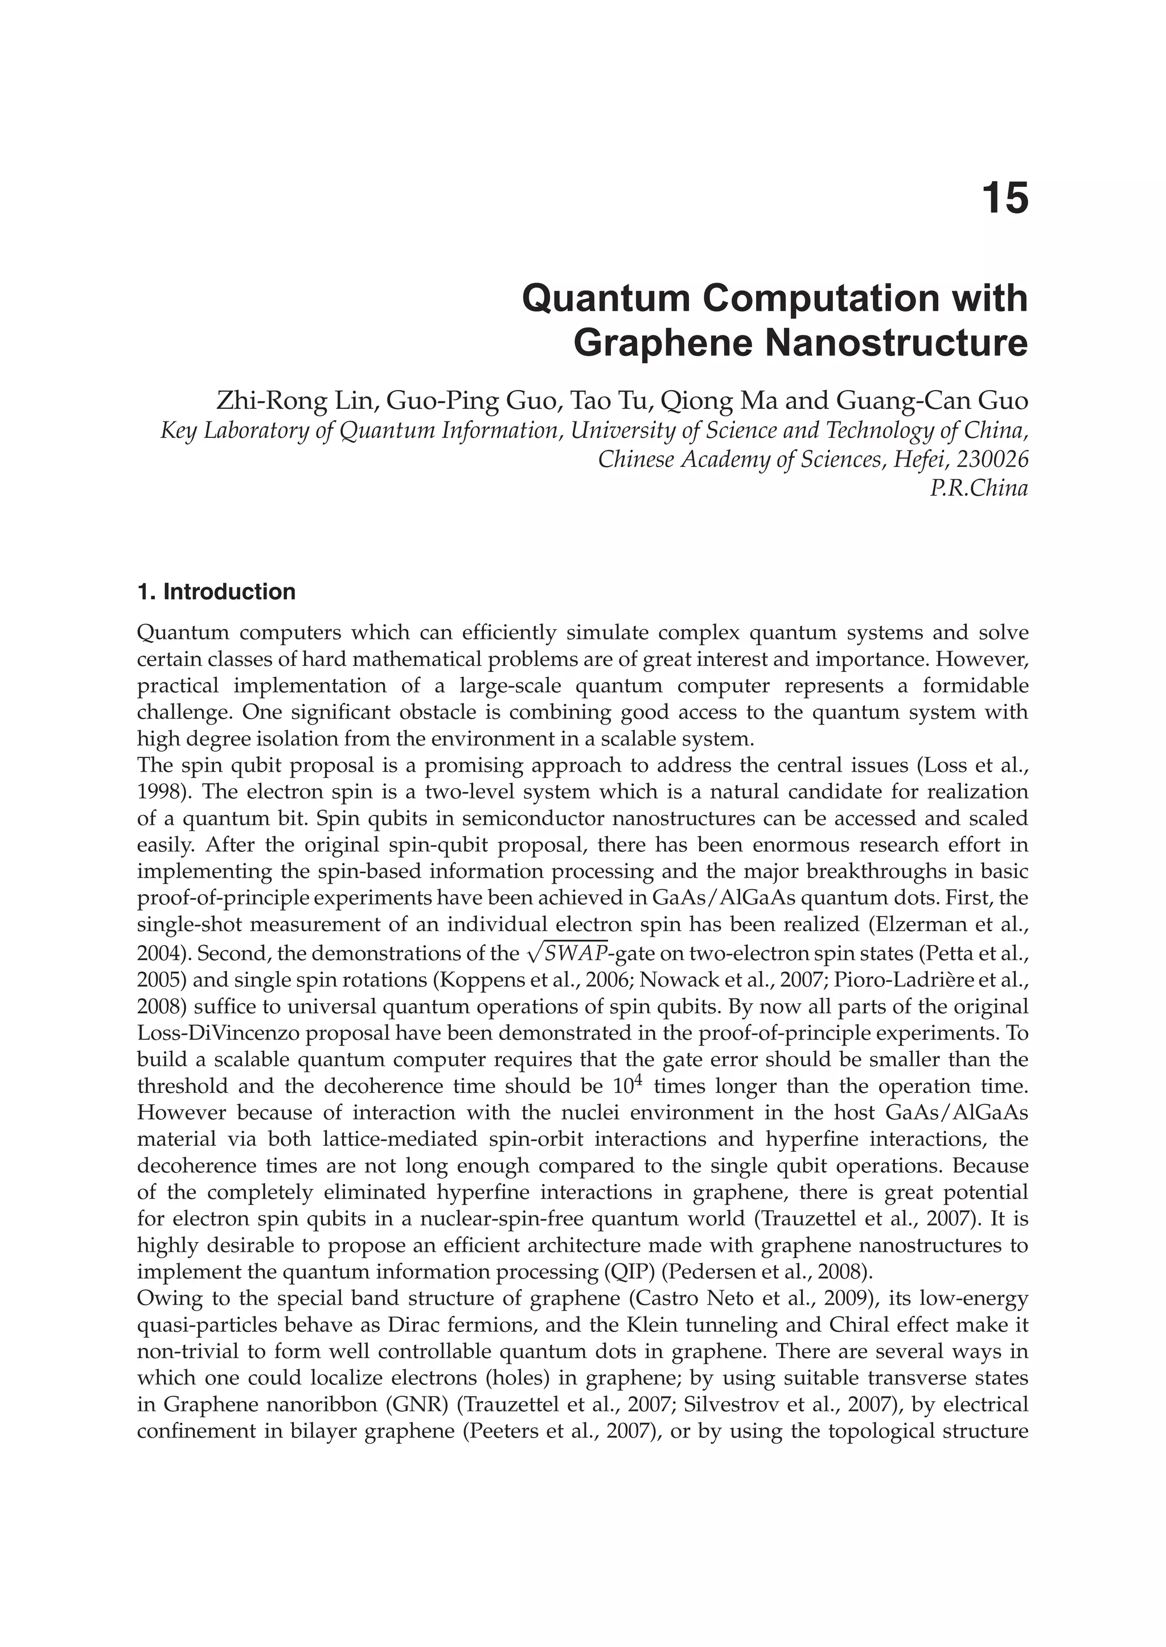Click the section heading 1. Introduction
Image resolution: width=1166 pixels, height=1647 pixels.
point(216,592)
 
